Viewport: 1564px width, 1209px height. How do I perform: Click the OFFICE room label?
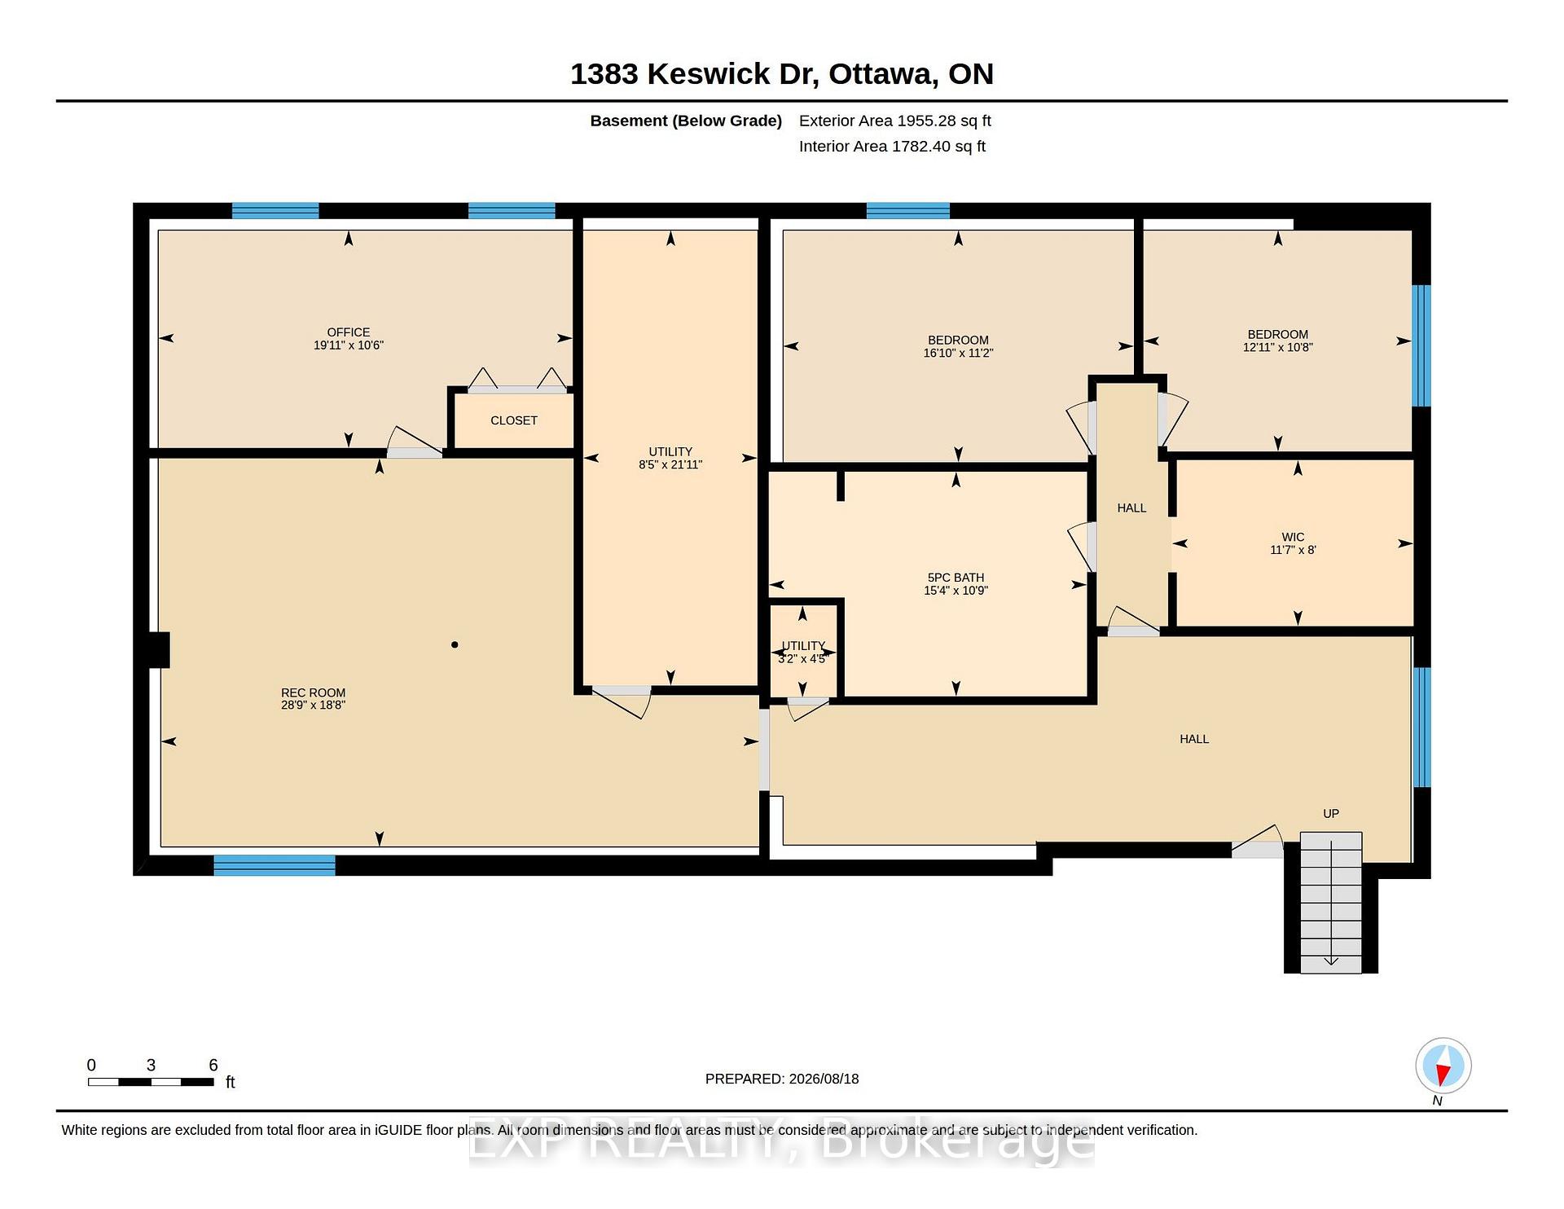[x=349, y=332]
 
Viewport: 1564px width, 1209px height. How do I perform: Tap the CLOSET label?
[x=514, y=420]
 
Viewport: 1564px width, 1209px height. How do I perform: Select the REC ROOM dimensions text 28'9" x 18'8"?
[x=314, y=705]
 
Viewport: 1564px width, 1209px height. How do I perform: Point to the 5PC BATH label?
[x=956, y=578]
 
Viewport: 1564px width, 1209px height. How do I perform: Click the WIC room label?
[x=1293, y=537]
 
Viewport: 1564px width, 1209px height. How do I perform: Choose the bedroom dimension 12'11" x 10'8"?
[x=1277, y=347]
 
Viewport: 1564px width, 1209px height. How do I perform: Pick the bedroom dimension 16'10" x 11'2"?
[x=958, y=353]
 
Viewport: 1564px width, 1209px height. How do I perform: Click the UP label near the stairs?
[x=1331, y=813]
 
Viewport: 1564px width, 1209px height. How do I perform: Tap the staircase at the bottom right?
[x=1331, y=902]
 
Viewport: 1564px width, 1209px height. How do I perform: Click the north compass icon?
[x=1443, y=1066]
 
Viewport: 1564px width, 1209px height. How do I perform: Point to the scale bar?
[x=151, y=1082]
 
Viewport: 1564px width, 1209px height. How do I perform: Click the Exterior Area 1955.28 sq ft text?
[x=895, y=121]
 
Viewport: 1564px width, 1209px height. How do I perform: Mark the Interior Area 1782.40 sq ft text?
[x=892, y=147]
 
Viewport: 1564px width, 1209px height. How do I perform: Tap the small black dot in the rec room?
[x=455, y=644]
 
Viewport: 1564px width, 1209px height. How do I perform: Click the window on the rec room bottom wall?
[x=275, y=864]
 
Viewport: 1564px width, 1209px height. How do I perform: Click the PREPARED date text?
[x=782, y=1079]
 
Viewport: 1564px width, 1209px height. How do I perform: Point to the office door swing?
[x=415, y=441]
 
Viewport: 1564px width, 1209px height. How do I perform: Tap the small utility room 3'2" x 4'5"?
[x=803, y=652]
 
